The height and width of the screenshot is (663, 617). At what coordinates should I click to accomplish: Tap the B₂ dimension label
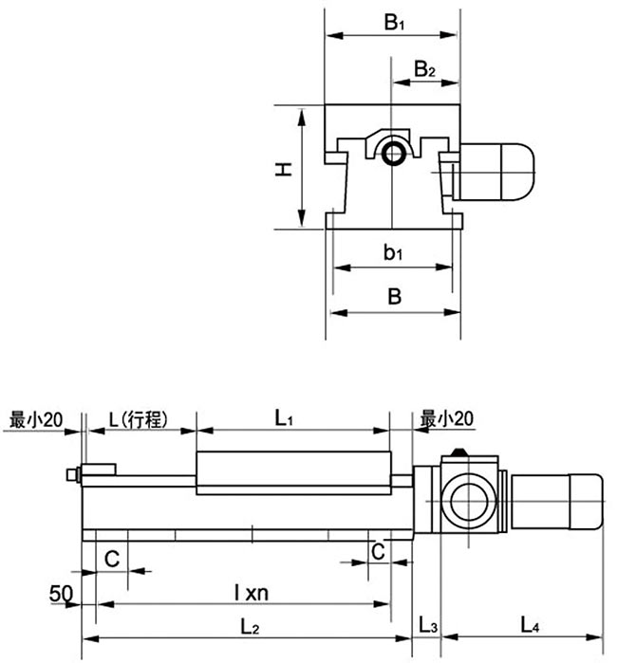pos(425,69)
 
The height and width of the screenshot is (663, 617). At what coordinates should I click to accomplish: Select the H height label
pos(282,169)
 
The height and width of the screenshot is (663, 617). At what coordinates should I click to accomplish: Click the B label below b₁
pos(394,296)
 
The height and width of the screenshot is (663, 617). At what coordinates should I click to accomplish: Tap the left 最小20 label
pos(35,418)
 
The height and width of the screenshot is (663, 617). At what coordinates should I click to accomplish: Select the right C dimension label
pos(378,551)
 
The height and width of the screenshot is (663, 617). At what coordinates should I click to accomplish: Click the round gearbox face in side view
pos(467,499)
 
